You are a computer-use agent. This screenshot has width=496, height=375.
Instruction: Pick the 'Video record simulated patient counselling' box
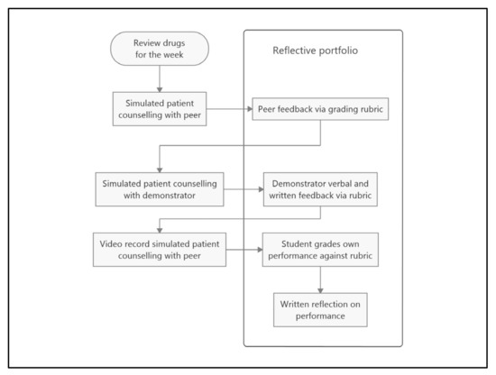160,250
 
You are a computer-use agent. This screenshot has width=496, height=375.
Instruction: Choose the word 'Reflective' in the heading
296,50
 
